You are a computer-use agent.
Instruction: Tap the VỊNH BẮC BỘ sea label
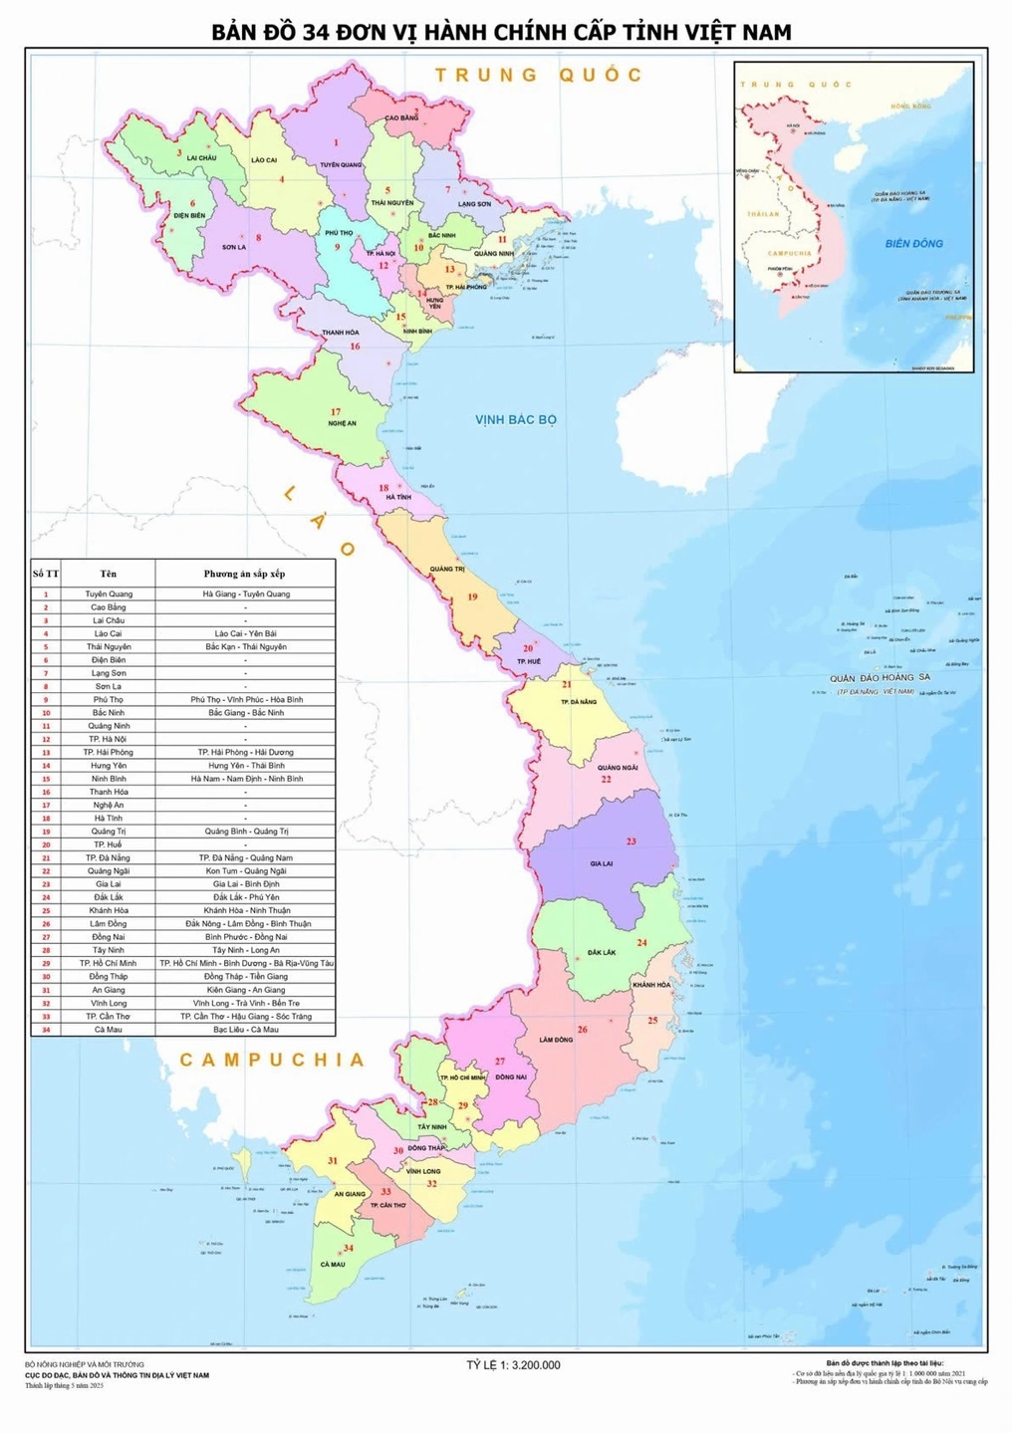[x=515, y=419]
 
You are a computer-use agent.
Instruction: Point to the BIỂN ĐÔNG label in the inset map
[x=913, y=243]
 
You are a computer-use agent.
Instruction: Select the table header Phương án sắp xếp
[x=245, y=574]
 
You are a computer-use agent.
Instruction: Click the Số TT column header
[x=45, y=574]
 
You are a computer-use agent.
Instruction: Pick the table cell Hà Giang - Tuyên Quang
[x=245, y=594]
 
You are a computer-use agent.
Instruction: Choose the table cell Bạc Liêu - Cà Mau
[x=245, y=1030]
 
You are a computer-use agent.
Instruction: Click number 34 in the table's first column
[x=45, y=1030]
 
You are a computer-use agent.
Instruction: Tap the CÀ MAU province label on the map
[x=333, y=1264]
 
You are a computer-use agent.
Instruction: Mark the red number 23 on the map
[x=631, y=841]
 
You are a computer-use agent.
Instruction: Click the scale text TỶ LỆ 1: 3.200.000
[x=513, y=1364]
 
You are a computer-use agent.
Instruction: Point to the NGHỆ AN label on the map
[x=342, y=423]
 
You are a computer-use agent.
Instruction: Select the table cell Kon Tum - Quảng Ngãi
[x=245, y=870]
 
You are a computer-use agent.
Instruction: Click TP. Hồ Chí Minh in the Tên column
[x=108, y=963]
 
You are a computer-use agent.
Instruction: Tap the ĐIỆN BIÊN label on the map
[x=189, y=215]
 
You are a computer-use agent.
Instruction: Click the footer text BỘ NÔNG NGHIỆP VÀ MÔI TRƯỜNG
[x=85, y=1364]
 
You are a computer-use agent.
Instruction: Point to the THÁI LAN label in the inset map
[x=764, y=213]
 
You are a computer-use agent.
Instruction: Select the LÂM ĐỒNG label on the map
[x=556, y=1040]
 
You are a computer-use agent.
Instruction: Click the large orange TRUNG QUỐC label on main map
[x=539, y=75]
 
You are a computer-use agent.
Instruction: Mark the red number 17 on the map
[x=336, y=411]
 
